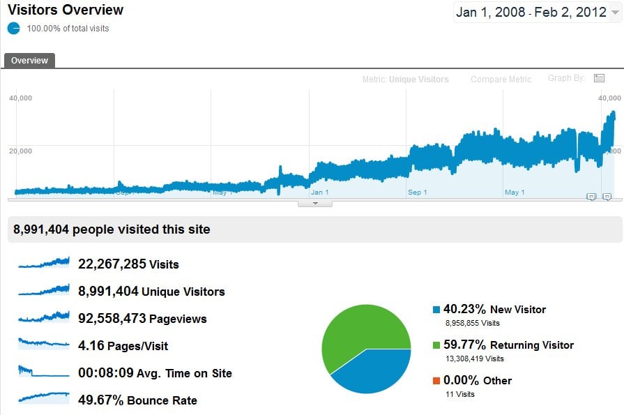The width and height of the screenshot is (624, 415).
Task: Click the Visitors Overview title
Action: click(x=65, y=10)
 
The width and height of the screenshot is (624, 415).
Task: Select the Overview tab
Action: click(x=29, y=61)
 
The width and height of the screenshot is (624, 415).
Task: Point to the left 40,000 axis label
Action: click(x=20, y=98)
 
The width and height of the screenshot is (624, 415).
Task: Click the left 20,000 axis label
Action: click(x=20, y=151)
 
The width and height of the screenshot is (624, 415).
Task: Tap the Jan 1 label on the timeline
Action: click(x=320, y=192)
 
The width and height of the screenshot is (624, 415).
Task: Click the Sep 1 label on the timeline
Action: click(x=418, y=192)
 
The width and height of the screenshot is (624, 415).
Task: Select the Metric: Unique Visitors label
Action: click(x=405, y=80)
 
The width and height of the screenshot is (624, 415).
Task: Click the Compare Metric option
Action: click(x=501, y=80)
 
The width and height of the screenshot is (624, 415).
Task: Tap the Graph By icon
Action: click(x=599, y=78)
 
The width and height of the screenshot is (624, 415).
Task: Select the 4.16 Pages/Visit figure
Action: click(x=123, y=346)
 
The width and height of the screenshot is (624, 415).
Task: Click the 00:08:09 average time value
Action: click(x=105, y=373)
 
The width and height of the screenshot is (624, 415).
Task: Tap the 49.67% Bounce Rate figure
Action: click(x=137, y=400)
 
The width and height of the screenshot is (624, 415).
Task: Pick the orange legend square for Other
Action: click(x=436, y=380)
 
